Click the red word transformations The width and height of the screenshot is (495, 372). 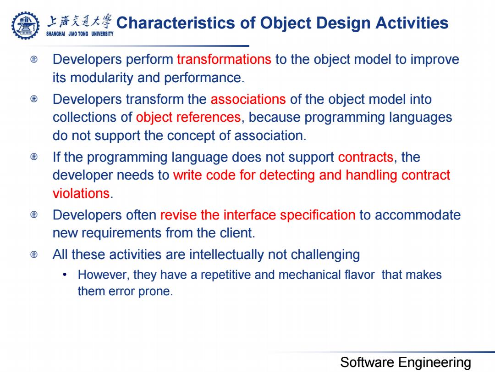pyautogui.click(x=224, y=59)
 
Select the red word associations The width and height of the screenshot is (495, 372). pyautogui.click(x=248, y=99)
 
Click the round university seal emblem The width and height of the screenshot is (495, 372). pyautogui.click(x=26, y=25)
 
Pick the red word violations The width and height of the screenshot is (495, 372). pyautogui.click(x=81, y=193)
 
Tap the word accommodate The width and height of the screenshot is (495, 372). pyautogui.click(x=418, y=215)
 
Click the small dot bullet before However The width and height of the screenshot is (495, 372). pyautogui.click(x=65, y=275)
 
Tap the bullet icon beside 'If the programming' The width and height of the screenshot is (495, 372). pyautogui.click(x=34, y=157)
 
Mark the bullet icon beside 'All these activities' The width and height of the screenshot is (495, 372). pyautogui.click(x=34, y=254)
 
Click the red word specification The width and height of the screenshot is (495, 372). pyautogui.click(x=318, y=215)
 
